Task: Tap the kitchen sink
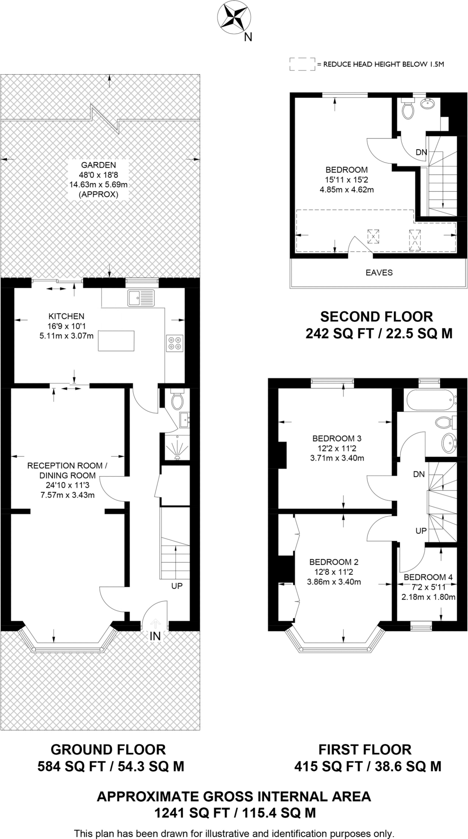(x=141, y=298)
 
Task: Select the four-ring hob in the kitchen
(x=175, y=343)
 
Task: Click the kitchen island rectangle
(x=116, y=341)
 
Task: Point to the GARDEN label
(x=99, y=165)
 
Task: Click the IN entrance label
(x=155, y=636)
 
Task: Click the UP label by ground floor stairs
(x=177, y=586)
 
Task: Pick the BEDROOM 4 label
(x=428, y=577)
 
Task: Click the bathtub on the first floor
(x=430, y=400)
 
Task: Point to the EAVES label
(x=379, y=272)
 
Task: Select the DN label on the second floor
(x=421, y=152)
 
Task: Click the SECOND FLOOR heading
(x=376, y=317)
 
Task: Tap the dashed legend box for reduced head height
(x=302, y=64)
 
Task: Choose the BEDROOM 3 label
(x=337, y=438)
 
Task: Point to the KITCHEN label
(x=66, y=316)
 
